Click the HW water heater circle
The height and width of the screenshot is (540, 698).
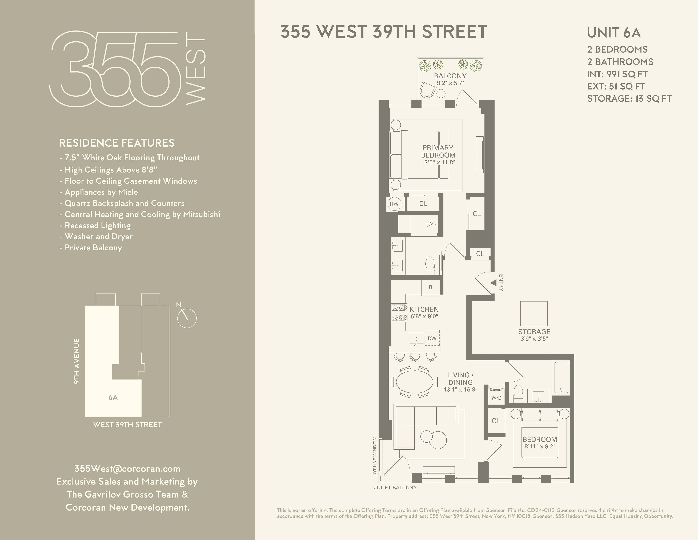click(394, 204)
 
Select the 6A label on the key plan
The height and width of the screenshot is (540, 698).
click(113, 397)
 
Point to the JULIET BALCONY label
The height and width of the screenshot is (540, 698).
click(395, 488)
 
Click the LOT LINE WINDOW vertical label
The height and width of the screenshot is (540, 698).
click(375, 457)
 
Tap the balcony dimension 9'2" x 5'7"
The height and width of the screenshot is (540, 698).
click(450, 83)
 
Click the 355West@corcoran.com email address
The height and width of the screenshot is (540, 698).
click(127, 469)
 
